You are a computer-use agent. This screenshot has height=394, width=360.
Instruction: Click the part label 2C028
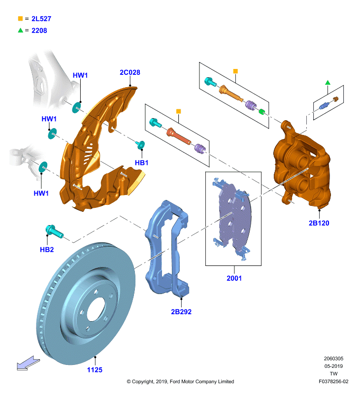130,72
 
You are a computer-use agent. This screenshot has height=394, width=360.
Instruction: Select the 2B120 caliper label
319,223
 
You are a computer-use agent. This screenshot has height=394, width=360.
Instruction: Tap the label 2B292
181,312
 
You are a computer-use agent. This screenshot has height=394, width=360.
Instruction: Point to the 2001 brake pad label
234,278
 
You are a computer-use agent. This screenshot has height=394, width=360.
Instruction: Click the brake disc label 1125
95,370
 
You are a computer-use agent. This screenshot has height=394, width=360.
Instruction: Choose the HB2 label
47,250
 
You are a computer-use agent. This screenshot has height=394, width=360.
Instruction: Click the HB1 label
141,163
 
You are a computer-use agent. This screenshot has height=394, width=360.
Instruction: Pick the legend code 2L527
41,19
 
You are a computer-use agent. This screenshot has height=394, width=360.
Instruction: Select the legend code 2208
39,31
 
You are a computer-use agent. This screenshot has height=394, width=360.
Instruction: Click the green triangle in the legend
20,31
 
